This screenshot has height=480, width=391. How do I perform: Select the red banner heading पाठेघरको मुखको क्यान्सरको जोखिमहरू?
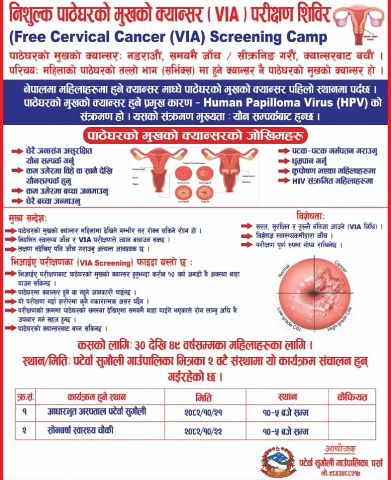pyautogui.click(x=195, y=135)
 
